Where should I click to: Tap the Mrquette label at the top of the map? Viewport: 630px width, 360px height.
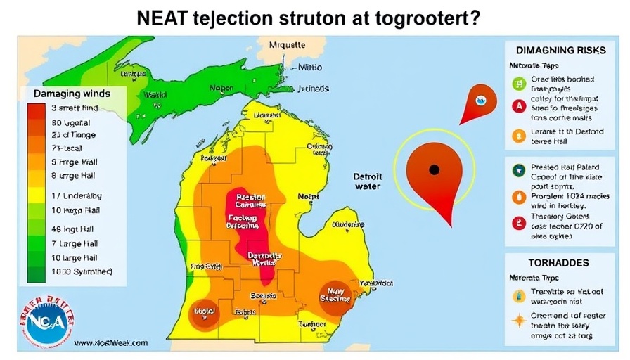tap(288, 45)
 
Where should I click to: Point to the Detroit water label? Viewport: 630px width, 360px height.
tap(368, 181)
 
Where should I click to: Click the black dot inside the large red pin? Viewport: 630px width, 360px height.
tap(434, 169)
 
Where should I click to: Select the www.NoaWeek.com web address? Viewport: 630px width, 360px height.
tap(110, 342)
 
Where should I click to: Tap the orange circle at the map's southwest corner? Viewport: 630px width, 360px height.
tap(205, 311)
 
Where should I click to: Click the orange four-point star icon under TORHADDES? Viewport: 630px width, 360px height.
tap(518, 321)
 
